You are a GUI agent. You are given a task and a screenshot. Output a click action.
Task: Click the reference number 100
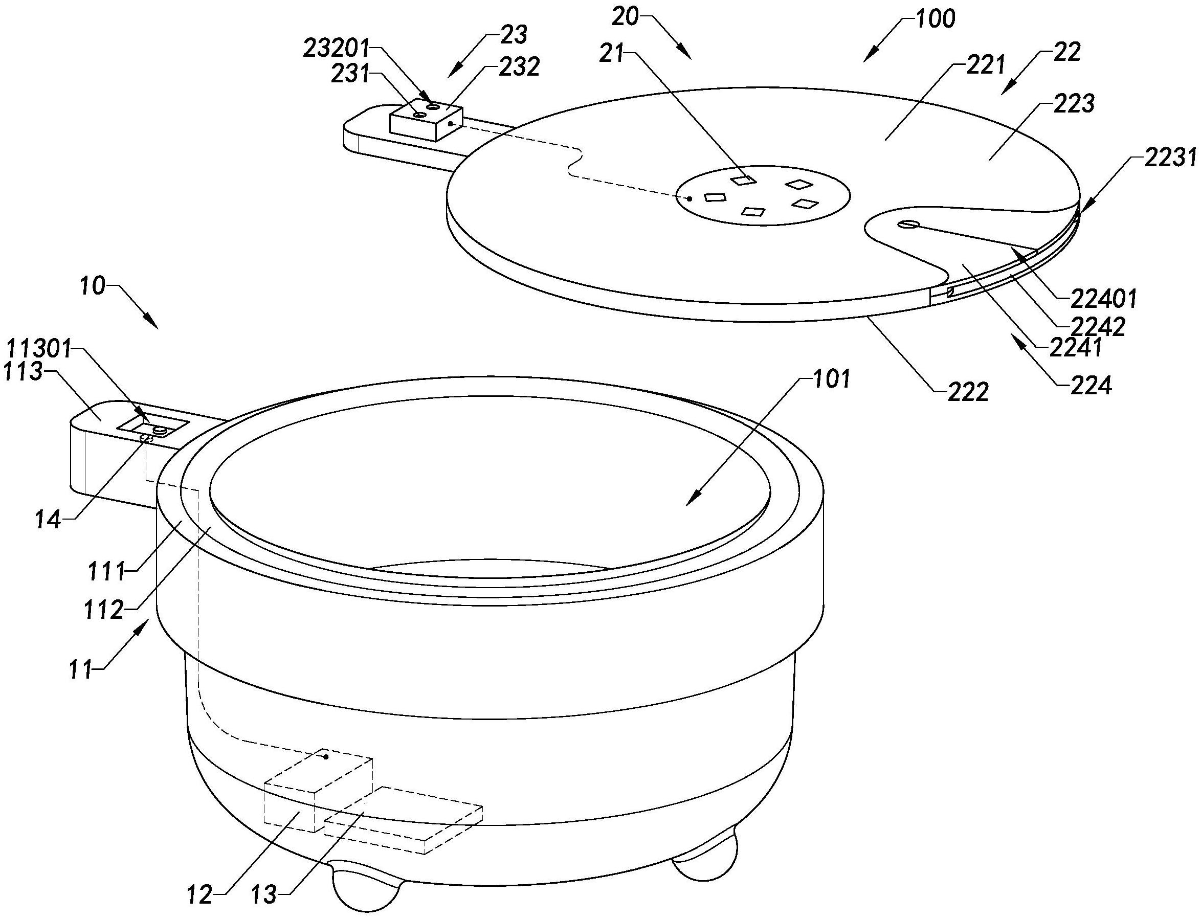click(936, 18)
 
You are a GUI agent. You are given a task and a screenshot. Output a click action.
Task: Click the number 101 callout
click(831, 379)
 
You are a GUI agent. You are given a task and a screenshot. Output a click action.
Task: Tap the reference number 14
click(48, 520)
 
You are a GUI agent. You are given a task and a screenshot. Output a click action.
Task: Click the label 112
click(104, 610)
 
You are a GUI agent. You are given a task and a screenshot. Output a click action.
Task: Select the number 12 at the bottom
click(198, 895)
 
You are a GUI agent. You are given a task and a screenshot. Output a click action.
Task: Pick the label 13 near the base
click(264, 895)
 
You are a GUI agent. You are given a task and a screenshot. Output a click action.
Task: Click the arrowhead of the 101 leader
click(688, 503)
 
